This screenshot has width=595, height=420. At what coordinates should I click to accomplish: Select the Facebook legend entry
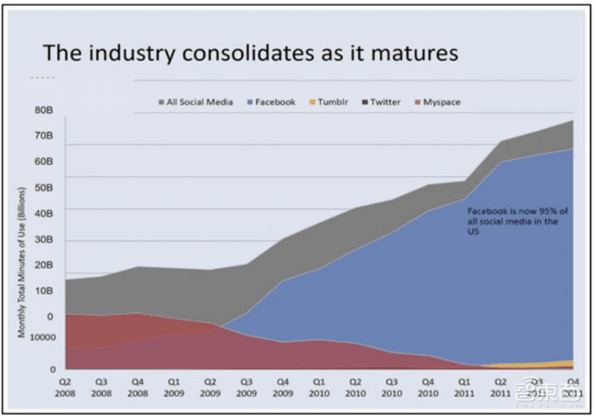(275, 102)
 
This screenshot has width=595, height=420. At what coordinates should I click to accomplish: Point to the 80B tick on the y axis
(43, 110)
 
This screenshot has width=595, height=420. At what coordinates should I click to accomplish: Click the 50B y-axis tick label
(43, 187)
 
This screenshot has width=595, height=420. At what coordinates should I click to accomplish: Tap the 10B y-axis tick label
(43, 291)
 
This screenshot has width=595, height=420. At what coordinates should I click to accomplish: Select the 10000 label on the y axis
(43, 337)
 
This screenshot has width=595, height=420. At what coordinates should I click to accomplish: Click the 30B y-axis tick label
(43, 239)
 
